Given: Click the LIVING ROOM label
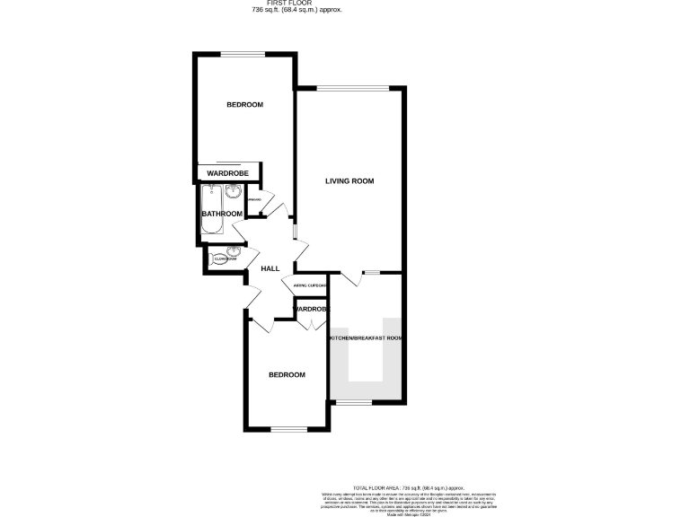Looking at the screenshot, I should click(349, 181).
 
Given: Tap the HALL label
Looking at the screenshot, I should click(270, 268).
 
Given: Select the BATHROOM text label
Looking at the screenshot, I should click(222, 214).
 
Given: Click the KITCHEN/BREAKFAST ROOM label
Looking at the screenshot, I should click(365, 338).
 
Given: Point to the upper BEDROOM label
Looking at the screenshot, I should click(244, 105).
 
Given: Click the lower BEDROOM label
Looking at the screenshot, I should click(287, 374).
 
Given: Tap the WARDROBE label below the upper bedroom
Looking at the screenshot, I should click(227, 173).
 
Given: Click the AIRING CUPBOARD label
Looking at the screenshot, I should click(310, 285).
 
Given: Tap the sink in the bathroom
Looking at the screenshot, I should click(234, 191).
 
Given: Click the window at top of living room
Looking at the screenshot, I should click(353, 87).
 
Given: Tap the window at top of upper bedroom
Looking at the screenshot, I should click(243, 55).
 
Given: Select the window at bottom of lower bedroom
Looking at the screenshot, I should click(288, 429).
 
